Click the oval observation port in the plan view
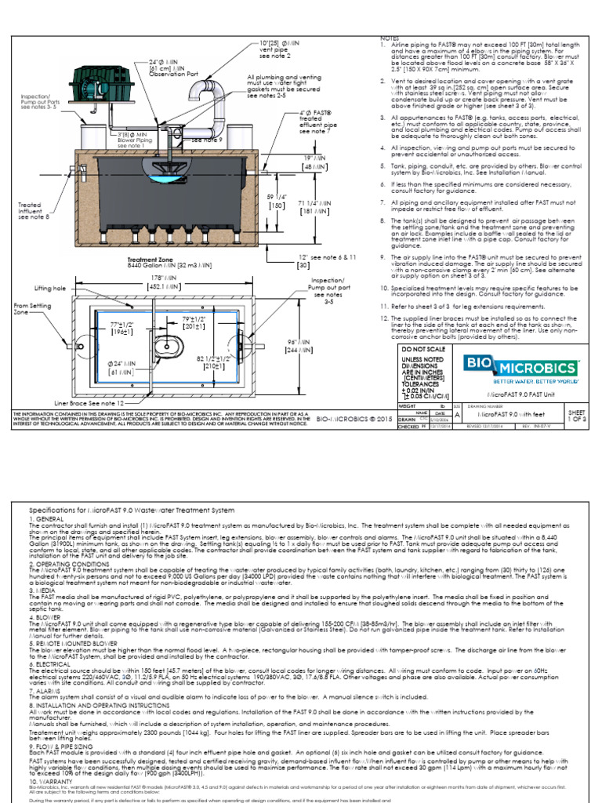168,344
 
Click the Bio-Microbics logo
520,368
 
